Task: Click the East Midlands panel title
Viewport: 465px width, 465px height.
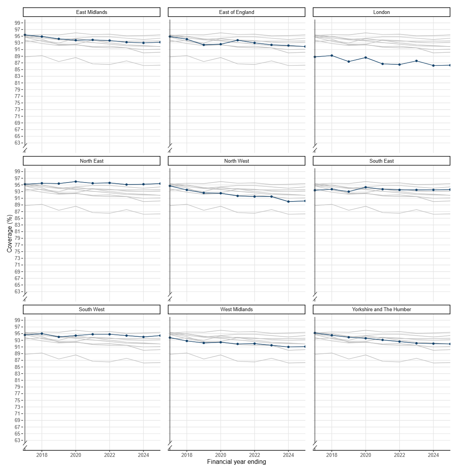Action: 91,12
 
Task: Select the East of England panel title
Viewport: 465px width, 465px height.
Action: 236,12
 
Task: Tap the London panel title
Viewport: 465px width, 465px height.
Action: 381,12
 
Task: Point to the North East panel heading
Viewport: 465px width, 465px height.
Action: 91,161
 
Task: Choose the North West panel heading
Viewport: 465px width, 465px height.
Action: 236,161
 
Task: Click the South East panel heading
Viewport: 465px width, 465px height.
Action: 381,161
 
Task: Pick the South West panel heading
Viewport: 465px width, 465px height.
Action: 91,309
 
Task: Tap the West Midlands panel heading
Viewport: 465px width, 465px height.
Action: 236,309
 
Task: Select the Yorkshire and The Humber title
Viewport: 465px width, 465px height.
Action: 381,309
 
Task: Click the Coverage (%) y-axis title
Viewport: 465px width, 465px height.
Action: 10,233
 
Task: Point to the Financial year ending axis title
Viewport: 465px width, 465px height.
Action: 236,462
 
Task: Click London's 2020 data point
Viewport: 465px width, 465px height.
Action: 366,57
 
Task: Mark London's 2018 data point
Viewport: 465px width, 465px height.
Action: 332,55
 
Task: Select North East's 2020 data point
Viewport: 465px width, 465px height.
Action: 76,181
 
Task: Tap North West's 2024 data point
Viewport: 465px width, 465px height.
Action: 288,201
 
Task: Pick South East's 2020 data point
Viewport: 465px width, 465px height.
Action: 366,187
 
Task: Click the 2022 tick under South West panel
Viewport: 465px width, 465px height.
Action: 109,455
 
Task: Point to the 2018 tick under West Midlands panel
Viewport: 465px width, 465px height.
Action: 187,455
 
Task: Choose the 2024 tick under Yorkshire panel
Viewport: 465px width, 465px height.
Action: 433,455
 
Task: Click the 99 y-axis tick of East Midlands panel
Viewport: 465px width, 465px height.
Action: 18,23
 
